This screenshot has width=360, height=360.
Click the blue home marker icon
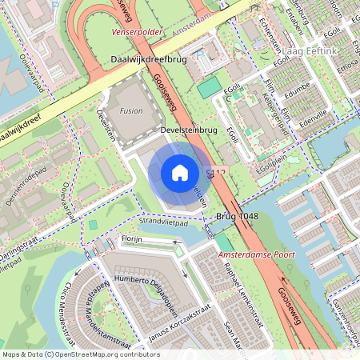(x=180, y=173)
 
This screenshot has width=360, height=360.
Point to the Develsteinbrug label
(x=189, y=129)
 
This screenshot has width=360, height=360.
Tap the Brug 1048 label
(x=238, y=217)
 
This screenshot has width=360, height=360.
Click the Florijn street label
(x=133, y=238)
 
